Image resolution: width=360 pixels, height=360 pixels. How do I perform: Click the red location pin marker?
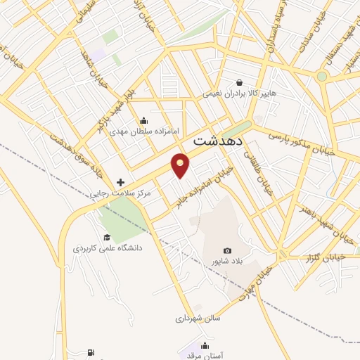pyautogui.click(x=181, y=165)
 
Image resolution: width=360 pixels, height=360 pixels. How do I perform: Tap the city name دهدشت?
pyautogui.click(x=218, y=141)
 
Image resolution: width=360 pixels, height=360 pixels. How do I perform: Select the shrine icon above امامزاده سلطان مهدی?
pyautogui.click(x=144, y=121)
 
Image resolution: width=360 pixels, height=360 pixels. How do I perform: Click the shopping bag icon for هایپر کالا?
pyautogui.click(x=240, y=82)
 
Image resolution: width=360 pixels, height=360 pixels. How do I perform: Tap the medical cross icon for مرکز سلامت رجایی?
pyautogui.click(x=120, y=182)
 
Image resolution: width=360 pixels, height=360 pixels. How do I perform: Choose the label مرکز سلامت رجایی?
pyautogui.click(x=96, y=193)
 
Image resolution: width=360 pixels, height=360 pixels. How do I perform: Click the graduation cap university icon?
pyautogui.click(x=107, y=237)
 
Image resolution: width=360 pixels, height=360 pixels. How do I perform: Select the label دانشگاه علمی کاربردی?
pyautogui.click(x=108, y=248)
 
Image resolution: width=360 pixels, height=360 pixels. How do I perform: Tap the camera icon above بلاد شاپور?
pyautogui.click(x=227, y=251)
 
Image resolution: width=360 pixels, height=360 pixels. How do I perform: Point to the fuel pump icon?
pyautogui.click(x=91, y=353)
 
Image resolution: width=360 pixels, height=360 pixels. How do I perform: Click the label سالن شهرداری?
pyautogui.click(x=198, y=319)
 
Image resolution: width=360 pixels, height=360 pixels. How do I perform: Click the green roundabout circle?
pyautogui.click(x=322, y=76)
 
